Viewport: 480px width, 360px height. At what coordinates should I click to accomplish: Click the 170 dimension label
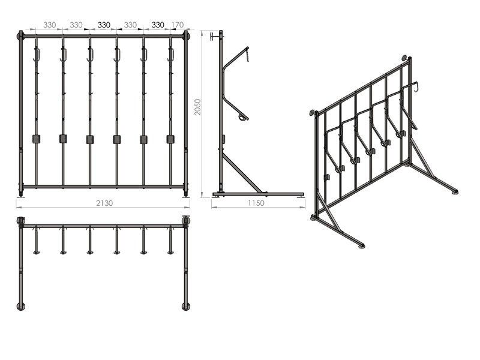(x=178, y=25)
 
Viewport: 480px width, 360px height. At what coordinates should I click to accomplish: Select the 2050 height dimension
(x=198, y=107)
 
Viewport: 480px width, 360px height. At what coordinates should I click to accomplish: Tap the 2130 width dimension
(x=104, y=203)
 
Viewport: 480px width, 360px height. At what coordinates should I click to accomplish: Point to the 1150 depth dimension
(x=256, y=203)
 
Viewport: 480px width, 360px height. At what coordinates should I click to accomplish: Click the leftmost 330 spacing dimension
(x=49, y=25)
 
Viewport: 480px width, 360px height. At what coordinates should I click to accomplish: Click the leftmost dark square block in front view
(x=37, y=139)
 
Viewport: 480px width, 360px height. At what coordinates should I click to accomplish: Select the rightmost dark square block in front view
(x=170, y=139)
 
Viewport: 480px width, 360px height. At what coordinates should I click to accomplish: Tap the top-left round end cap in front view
(x=19, y=37)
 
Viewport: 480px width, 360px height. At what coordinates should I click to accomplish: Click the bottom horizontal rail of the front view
(x=103, y=187)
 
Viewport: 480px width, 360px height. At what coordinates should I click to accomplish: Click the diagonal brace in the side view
(x=242, y=173)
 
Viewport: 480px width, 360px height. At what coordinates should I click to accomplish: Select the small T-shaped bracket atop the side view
(x=215, y=37)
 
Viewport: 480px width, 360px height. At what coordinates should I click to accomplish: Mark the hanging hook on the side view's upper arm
(x=248, y=55)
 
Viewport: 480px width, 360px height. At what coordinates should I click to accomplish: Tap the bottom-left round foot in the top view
(x=21, y=306)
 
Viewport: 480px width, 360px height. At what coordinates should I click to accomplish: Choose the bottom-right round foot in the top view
(x=186, y=306)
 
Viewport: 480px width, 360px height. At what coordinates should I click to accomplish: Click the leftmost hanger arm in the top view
(x=37, y=241)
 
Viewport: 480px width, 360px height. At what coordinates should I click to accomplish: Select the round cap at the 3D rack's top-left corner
(x=312, y=112)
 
